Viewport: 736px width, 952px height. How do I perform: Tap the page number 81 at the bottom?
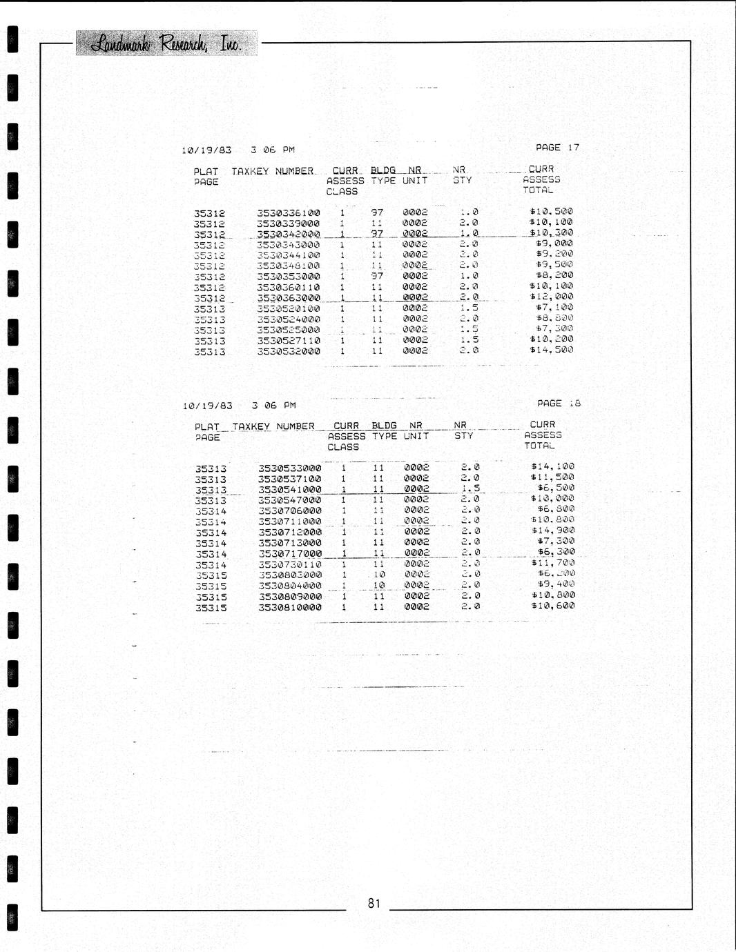[374, 903]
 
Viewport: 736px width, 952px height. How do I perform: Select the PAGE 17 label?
[557, 147]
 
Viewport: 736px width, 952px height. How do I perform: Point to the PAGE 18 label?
[559, 403]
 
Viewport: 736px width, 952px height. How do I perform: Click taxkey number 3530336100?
[289, 213]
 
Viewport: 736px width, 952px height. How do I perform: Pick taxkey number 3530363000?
[289, 298]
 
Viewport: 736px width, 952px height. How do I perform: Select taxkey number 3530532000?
[289, 351]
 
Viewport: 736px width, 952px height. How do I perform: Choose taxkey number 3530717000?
[290, 553]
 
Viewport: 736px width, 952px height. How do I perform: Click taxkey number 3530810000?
[290, 608]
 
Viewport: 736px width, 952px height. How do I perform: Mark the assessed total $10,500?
[551, 211]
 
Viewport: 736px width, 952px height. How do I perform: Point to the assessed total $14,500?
[551, 350]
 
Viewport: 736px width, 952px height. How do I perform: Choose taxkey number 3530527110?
[289, 340]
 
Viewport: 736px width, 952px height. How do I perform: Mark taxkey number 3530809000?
[290, 597]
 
